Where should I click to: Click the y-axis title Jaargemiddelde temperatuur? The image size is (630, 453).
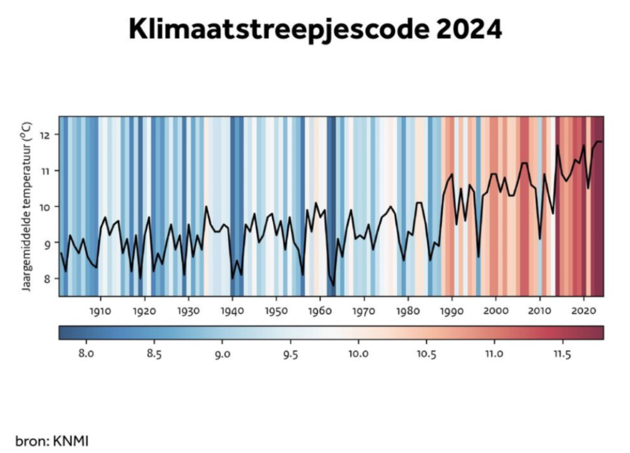(x=27, y=207)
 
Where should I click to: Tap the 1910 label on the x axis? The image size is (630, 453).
(x=100, y=311)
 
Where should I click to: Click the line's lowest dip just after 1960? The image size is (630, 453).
(x=333, y=285)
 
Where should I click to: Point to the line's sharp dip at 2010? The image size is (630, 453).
(x=540, y=239)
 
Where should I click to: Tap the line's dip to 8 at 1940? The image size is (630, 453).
(x=233, y=278)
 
